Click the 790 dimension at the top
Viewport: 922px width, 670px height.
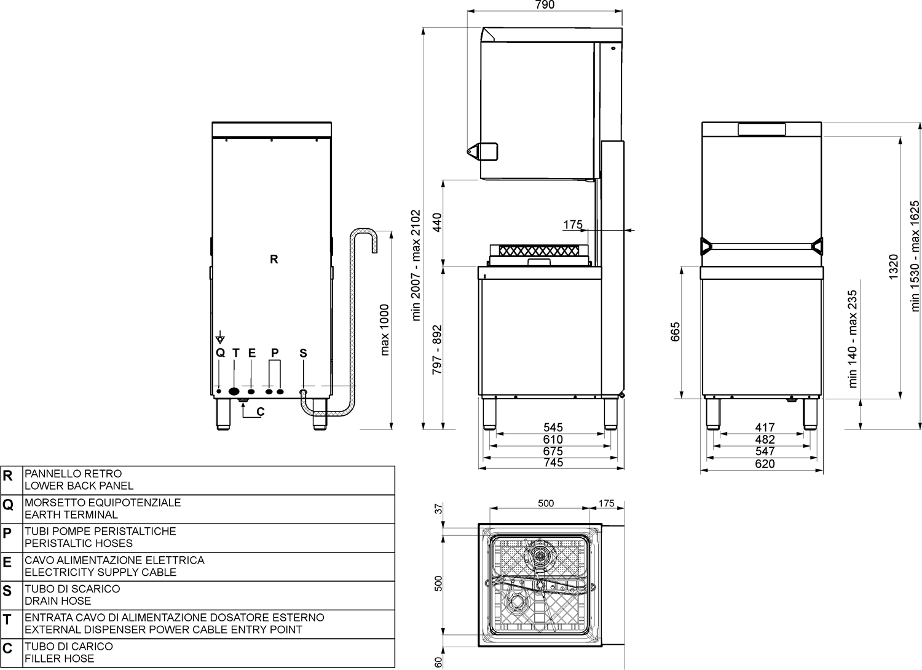[545, 5]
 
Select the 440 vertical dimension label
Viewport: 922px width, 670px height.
[437, 223]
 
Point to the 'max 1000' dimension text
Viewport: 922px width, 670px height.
[384, 330]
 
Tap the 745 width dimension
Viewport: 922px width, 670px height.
[553, 463]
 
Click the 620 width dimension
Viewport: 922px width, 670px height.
[765, 464]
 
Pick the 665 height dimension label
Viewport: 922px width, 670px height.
[676, 332]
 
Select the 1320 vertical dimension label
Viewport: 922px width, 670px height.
[892, 268]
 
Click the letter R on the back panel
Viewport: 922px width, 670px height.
[274, 259]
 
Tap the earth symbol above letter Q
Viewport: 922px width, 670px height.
[220, 337]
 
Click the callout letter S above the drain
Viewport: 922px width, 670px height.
[304, 353]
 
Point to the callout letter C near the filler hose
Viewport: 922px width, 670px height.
[261, 412]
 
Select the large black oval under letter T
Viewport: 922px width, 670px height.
[234, 391]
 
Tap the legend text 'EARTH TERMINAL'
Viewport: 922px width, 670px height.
[71, 515]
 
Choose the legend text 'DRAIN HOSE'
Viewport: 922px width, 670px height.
[58, 600]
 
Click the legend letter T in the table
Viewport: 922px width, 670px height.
[7, 620]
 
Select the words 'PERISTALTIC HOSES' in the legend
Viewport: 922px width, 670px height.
[79, 543]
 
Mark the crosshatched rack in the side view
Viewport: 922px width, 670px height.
[539, 250]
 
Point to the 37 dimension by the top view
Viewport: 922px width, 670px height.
[439, 509]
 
